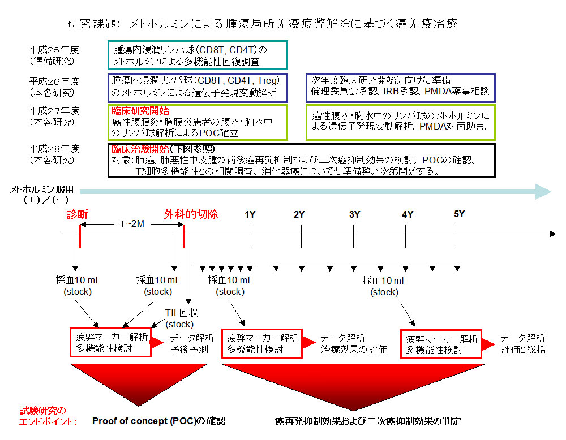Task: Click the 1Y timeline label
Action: coord(250,214)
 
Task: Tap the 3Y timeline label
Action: coord(354,214)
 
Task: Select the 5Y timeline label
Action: coord(459,214)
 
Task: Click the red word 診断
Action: coord(77,214)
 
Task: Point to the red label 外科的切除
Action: coord(191,214)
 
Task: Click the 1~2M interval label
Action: coord(132,224)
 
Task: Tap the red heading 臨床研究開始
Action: coord(140,111)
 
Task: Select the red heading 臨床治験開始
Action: coord(140,149)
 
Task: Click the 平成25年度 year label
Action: coord(54,50)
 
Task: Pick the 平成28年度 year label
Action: coord(54,149)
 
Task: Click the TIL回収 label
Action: coord(181,313)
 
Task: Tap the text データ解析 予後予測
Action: coord(192,343)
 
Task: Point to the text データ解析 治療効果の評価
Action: coord(354,343)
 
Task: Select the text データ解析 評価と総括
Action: coord(523,343)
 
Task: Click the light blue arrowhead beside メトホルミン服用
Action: coord(543,192)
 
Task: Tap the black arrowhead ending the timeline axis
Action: coord(553,234)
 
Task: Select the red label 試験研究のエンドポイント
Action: coord(48,416)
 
